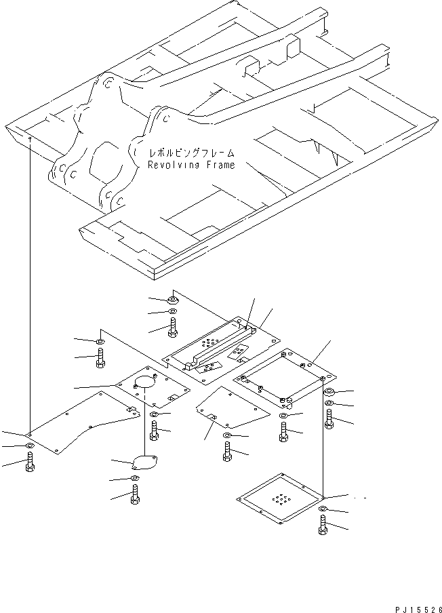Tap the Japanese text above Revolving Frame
click(191, 153)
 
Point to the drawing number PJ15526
click(418, 610)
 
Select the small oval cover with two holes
click(145, 462)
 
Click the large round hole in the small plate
click(145, 382)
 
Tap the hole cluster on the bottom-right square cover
click(279, 499)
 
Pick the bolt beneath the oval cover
click(135, 494)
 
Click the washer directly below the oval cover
click(135, 478)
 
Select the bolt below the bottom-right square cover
click(323, 525)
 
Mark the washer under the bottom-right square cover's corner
click(323, 508)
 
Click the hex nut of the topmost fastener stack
click(172, 300)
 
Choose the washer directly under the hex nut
click(172, 311)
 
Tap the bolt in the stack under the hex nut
click(172, 328)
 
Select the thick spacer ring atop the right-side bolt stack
click(329, 392)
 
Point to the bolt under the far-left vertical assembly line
click(30, 461)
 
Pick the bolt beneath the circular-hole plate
click(154, 431)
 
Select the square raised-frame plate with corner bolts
click(285, 378)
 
